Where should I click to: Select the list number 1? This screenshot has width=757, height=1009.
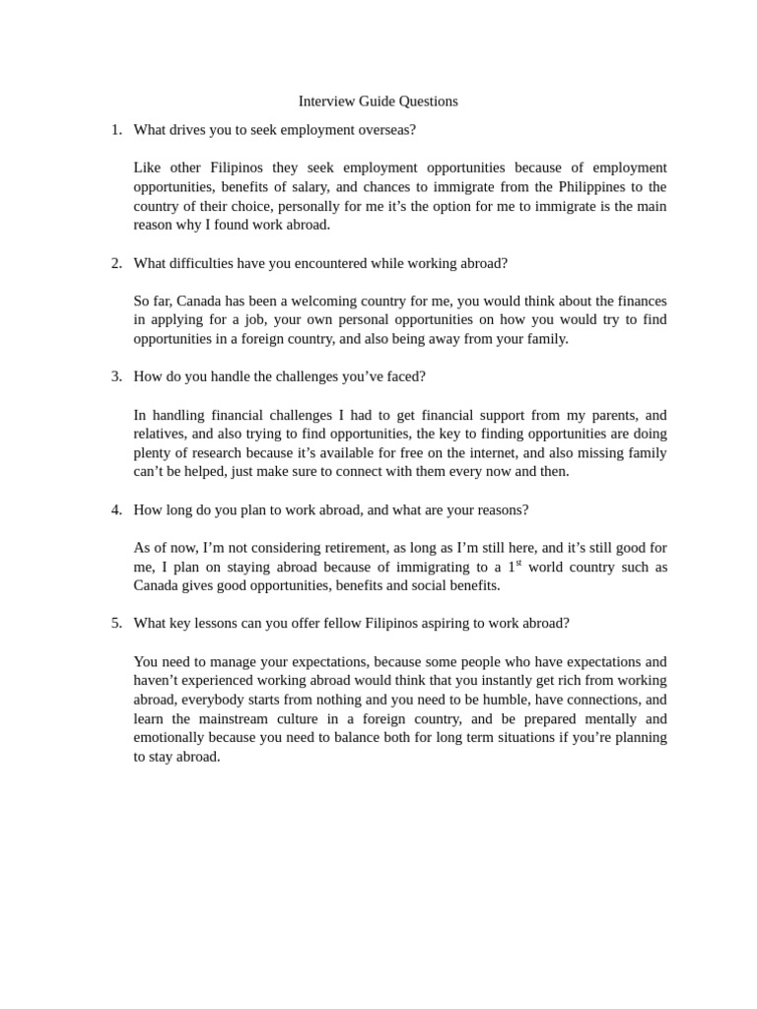115,130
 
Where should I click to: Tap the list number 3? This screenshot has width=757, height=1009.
115,376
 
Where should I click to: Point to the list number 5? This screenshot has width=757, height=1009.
115,623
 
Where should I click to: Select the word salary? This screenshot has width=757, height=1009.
310,187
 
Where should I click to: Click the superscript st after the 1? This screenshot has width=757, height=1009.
518,563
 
